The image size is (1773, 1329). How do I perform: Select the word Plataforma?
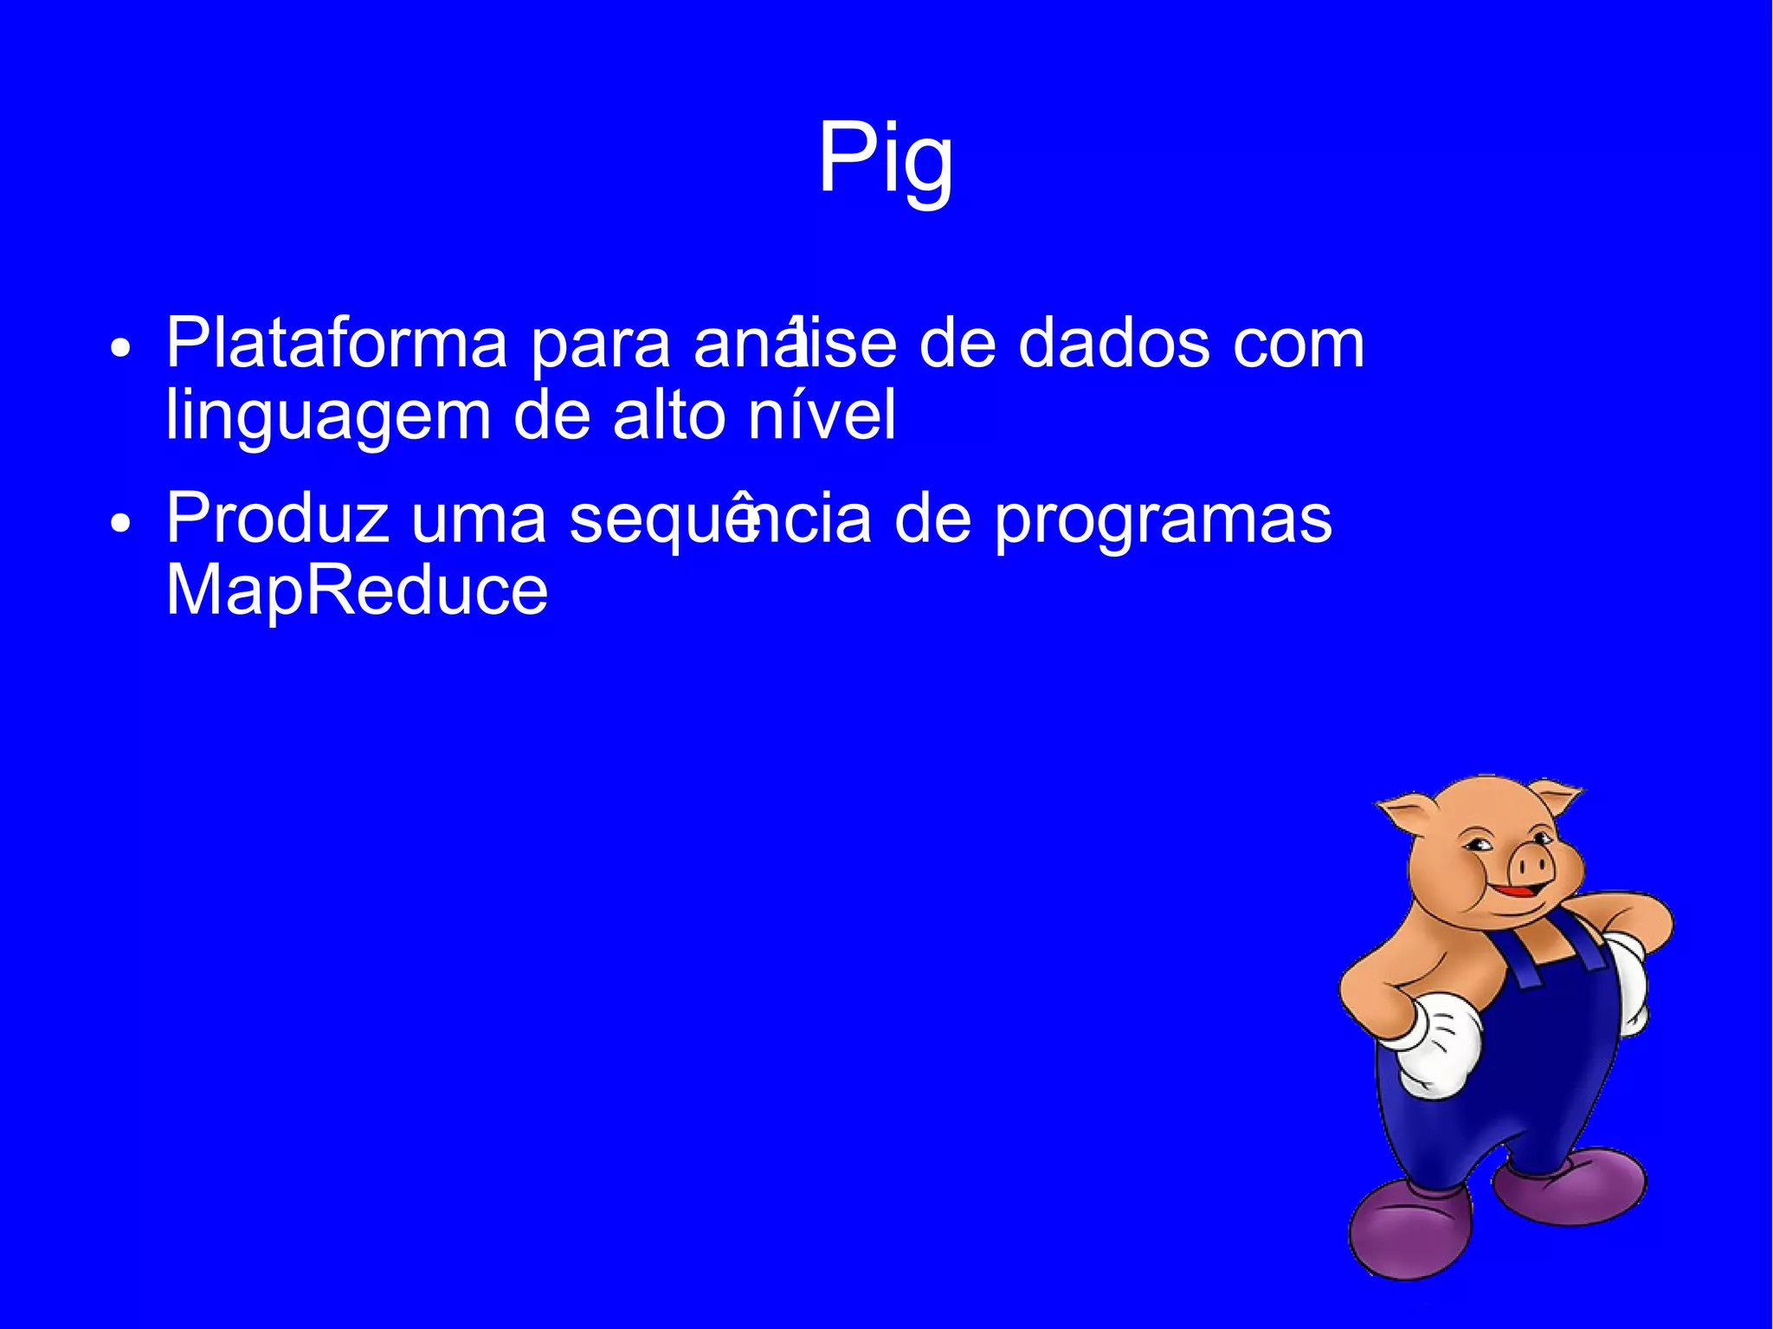point(336,344)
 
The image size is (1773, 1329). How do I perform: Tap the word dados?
point(1112,344)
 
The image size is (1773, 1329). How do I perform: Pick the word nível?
point(822,416)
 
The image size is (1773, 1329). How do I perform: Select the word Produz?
point(277,519)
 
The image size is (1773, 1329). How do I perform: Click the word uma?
point(478,520)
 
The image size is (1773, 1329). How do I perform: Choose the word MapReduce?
point(357,590)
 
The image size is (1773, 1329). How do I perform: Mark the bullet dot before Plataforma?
point(121,350)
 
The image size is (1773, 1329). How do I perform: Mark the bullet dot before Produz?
point(121,524)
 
